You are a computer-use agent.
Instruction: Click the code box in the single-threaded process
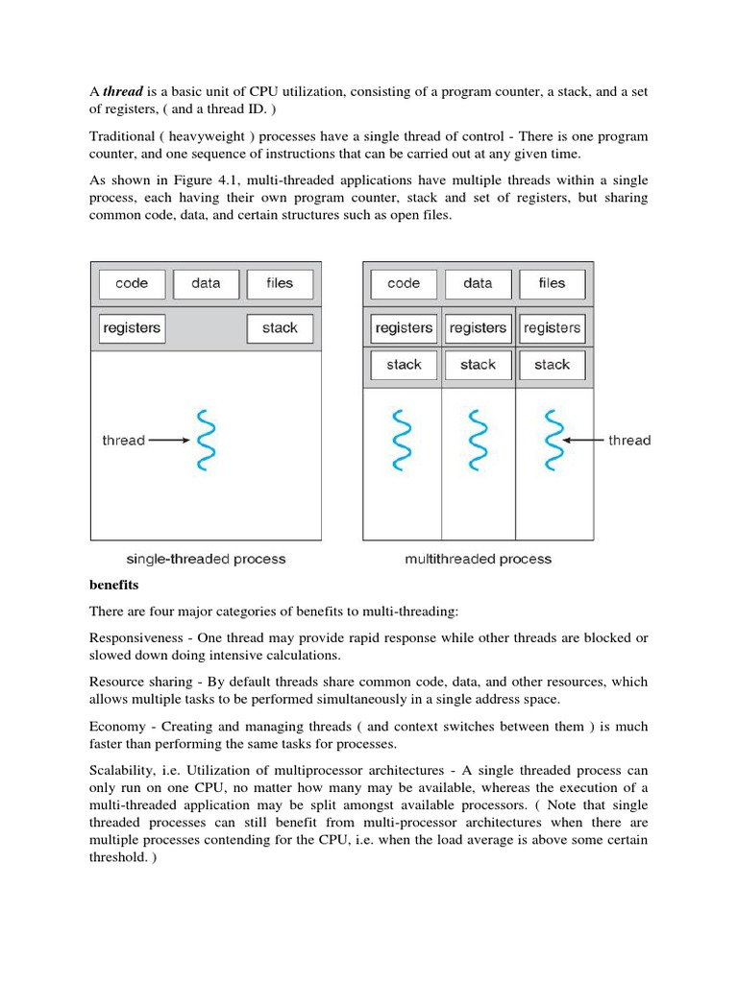[132, 283]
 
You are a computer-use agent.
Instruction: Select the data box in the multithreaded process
[478, 283]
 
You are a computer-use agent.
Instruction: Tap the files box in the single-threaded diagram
[280, 283]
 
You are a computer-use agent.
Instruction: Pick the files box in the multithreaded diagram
[552, 283]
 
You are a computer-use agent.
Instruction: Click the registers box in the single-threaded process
[132, 328]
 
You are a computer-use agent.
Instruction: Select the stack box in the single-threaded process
[280, 328]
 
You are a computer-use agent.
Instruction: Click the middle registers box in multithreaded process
[478, 328]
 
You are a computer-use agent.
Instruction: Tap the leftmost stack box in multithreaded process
[404, 365]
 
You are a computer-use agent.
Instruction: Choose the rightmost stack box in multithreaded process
[552, 365]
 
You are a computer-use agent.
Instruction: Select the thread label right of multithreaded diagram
[629, 441]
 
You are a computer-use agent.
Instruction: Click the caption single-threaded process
[206, 559]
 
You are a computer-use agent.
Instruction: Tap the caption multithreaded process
[478, 559]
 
